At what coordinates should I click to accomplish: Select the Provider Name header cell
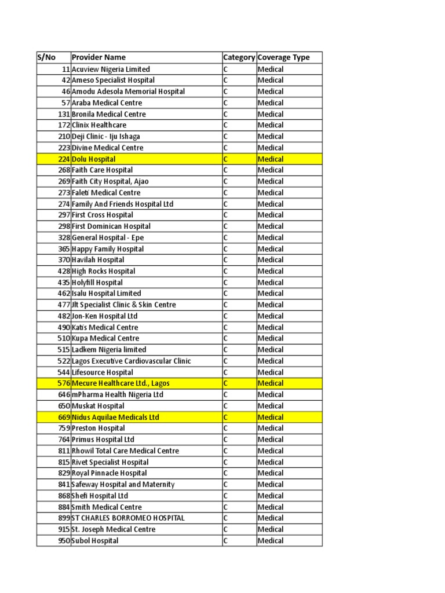pos(99,57)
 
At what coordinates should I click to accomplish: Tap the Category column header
pos(239,57)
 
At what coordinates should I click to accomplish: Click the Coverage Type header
pos(284,57)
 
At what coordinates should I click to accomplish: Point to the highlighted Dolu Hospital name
pos(94,159)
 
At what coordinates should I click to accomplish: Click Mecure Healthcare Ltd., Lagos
pos(121,383)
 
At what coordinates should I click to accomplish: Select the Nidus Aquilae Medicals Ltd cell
pos(115,417)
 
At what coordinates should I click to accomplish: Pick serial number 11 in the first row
pos(65,69)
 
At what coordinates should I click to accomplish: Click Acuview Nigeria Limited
pos(111,69)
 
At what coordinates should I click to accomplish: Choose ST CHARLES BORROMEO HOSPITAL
pos(128,518)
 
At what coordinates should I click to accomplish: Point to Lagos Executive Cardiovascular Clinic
pos(131,361)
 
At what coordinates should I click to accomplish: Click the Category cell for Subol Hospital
pos(226,541)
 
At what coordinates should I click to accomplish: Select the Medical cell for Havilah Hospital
pos(271,260)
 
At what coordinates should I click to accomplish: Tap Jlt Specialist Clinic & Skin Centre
pos(124,305)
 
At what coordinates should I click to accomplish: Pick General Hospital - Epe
pos(108,237)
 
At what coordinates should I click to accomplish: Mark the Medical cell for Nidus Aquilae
pos(271,417)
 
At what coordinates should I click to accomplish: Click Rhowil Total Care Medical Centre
pos(125,451)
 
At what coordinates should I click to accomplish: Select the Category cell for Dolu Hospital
pos(226,159)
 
